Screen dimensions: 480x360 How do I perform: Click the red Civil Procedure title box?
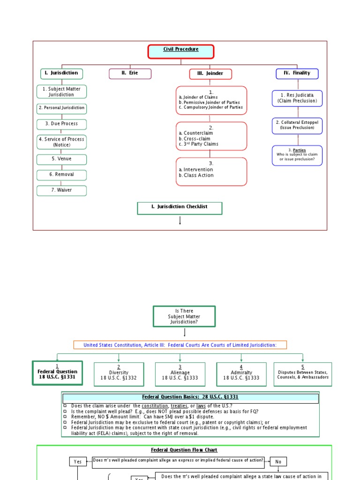181,52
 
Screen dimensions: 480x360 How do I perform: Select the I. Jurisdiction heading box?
61,74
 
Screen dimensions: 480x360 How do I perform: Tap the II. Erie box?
130,74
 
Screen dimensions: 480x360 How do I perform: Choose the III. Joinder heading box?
210,74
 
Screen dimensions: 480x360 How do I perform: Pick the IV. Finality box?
297,74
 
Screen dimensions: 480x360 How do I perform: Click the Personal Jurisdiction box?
61,108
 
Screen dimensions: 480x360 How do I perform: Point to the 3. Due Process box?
61,124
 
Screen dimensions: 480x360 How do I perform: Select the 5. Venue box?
61,159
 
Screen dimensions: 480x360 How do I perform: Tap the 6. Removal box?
61,175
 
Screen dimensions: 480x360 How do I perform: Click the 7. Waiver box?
61,191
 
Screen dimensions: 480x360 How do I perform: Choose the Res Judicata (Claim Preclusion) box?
297,98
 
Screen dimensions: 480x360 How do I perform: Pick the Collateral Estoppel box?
297,126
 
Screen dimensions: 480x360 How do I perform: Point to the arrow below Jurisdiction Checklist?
180,221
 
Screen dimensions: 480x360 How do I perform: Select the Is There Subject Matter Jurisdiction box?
184,316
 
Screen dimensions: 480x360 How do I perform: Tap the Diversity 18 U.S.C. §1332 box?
119,374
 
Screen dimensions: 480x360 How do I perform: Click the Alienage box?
180,374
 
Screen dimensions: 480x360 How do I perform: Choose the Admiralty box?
241,374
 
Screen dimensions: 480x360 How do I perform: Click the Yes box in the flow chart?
78,462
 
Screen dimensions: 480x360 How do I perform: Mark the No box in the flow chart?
278,462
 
